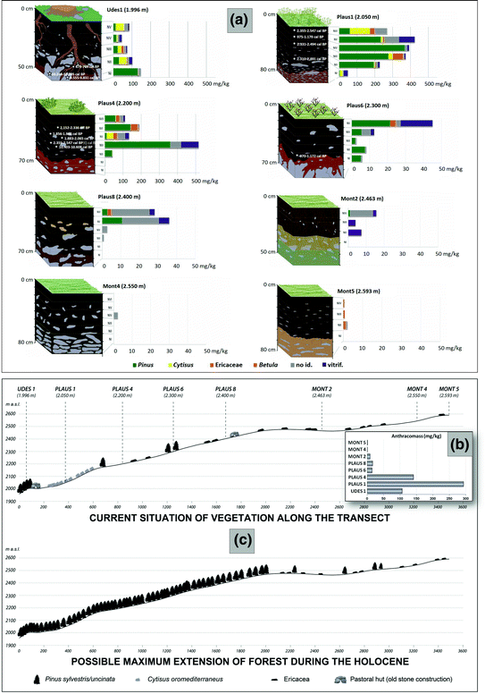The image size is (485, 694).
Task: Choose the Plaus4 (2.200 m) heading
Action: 105,104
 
